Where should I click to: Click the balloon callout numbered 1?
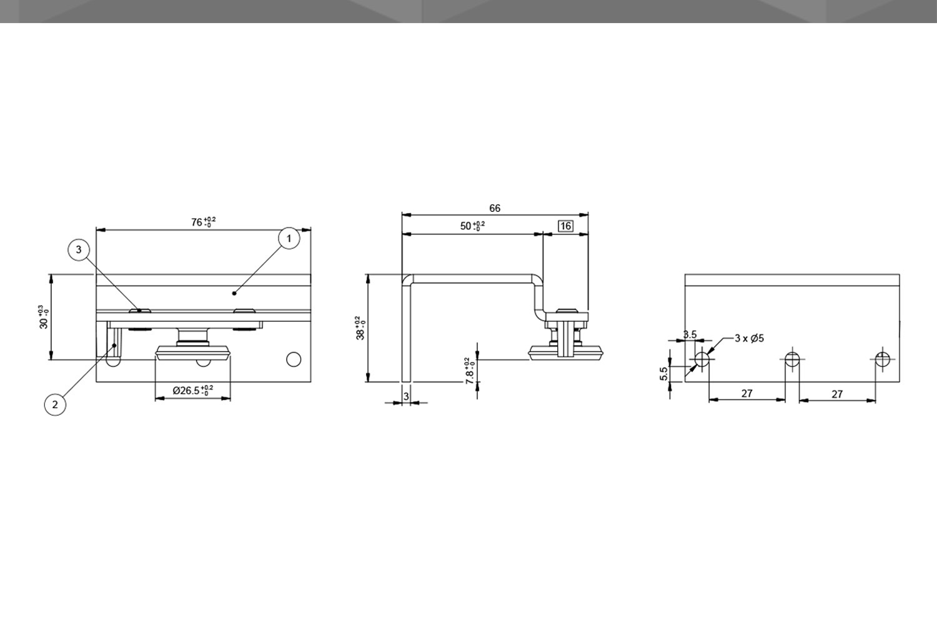[289, 238]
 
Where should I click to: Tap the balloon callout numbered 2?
[55, 404]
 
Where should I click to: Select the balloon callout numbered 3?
[79, 250]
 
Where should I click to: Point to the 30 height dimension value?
[43, 317]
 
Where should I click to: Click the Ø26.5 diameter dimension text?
[193, 391]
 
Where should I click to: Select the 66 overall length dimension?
[495, 208]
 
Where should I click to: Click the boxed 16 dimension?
[565, 226]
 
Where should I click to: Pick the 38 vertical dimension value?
[361, 327]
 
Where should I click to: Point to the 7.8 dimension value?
[470, 369]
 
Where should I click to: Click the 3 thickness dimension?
[406, 396]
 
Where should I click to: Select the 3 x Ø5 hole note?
[749, 338]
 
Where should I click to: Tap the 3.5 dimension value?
[690, 334]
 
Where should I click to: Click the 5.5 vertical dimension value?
[664, 373]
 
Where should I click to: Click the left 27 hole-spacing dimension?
[746, 393]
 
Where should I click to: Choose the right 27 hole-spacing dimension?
[837, 394]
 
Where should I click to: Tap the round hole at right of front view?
[293, 359]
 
